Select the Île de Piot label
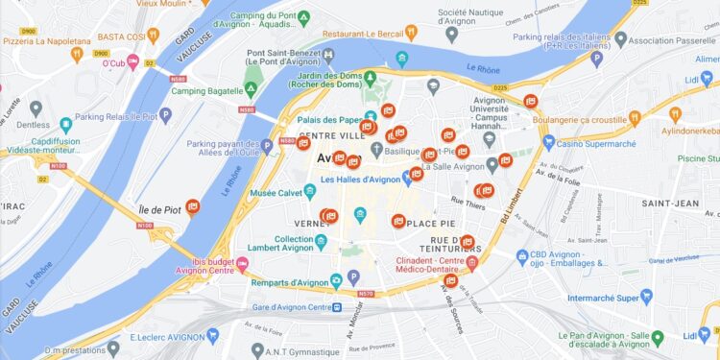click(159, 209)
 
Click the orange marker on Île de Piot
click(193, 205)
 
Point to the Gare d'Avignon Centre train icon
click(337, 307)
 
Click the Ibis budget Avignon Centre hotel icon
click(243, 264)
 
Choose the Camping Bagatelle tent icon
click(250, 89)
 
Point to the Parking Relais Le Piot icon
click(165, 115)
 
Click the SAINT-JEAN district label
click(670, 204)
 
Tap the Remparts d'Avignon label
click(289, 282)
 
